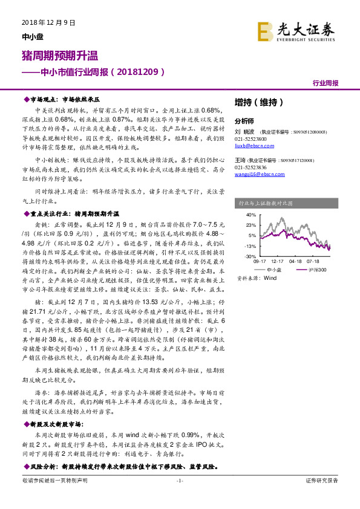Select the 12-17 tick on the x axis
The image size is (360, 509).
click(x=278, y=261)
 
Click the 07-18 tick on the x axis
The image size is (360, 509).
click(x=313, y=261)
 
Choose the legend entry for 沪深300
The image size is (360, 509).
click(x=312, y=269)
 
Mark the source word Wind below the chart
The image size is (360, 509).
click(x=270, y=279)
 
